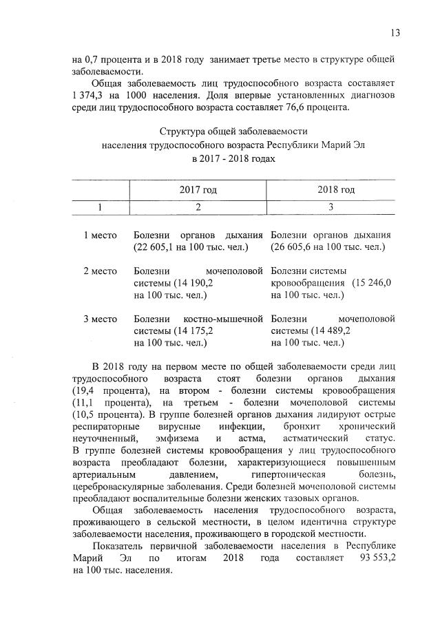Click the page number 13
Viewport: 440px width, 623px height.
click(395, 32)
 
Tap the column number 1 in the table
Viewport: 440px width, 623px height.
click(101, 207)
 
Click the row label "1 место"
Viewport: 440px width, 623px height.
click(100, 235)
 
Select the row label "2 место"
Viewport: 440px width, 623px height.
click(100, 271)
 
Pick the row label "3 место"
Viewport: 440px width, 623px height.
click(100, 319)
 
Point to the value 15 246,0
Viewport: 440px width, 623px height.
click(372, 283)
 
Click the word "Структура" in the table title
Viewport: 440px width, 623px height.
click(181, 131)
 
